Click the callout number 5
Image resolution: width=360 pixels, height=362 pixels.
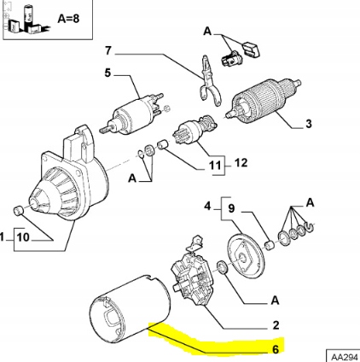[x=107, y=74]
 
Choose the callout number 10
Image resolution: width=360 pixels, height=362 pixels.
[x=22, y=236]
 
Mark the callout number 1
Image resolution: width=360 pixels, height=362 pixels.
[x=3, y=236]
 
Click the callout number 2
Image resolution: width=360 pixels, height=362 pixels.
[x=275, y=325]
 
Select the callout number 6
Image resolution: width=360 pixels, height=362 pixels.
[x=275, y=348]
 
